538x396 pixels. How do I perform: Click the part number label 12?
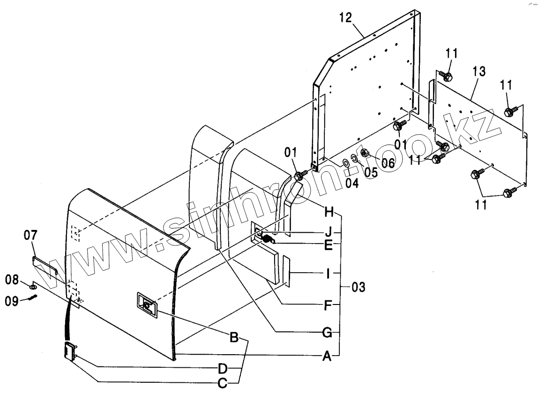point(345,19)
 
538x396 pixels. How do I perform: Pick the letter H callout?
point(329,212)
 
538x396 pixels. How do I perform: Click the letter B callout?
point(234,337)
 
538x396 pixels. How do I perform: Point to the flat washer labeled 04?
point(345,162)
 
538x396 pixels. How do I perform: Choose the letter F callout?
point(328,306)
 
